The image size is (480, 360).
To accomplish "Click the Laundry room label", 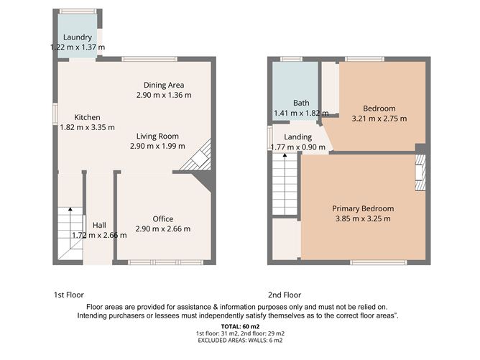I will (77, 37).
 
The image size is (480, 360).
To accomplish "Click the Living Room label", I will (154, 136).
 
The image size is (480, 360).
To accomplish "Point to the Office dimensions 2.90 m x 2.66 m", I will (162, 229).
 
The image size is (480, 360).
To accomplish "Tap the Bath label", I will (300, 103).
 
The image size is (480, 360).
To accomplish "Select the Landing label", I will (297, 137).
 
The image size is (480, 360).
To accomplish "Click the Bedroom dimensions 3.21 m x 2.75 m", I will (379, 119).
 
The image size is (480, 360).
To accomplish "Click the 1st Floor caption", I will (69, 295).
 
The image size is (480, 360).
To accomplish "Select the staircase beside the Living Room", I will (198, 157).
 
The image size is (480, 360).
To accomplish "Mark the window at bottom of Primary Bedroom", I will (378, 262).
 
